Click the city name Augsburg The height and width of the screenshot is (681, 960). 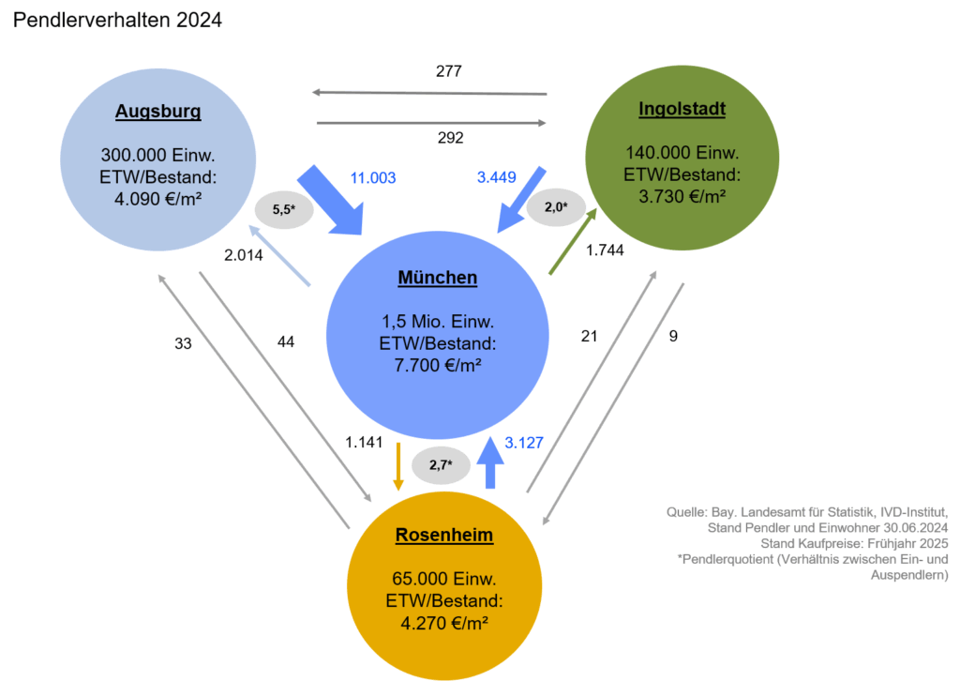pyautogui.click(x=157, y=112)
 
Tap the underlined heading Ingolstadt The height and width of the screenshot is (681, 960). pyautogui.click(x=682, y=109)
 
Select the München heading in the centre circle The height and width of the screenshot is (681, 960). pyautogui.click(x=438, y=278)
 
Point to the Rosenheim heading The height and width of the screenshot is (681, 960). pyautogui.click(x=443, y=535)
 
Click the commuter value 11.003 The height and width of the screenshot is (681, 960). pyautogui.click(x=373, y=178)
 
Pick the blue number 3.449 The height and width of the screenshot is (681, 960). pyautogui.click(x=497, y=177)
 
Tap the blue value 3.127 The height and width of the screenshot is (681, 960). pyautogui.click(x=524, y=443)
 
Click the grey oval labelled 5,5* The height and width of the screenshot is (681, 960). pyautogui.click(x=284, y=210)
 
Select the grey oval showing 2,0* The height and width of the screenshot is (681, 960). pyautogui.click(x=556, y=207)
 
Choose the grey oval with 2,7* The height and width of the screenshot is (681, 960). pyautogui.click(x=441, y=465)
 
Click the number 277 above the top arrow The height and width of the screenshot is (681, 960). pyautogui.click(x=449, y=71)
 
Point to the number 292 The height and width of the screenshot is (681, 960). pyautogui.click(x=451, y=138)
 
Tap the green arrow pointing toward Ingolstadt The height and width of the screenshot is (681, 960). pyautogui.click(x=573, y=241)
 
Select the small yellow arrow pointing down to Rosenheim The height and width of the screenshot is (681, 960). pyautogui.click(x=397, y=466)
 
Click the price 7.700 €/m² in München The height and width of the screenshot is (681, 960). pyautogui.click(x=438, y=366)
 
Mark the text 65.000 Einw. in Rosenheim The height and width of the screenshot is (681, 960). pyautogui.click(x=443, y=579)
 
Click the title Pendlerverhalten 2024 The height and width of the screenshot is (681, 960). pyautogui.click(x=117, y=21)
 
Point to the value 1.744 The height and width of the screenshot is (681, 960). pyautogui.click(x=605, y=250)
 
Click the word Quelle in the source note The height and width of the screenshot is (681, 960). pyautogui.click(x=686, y=512)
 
